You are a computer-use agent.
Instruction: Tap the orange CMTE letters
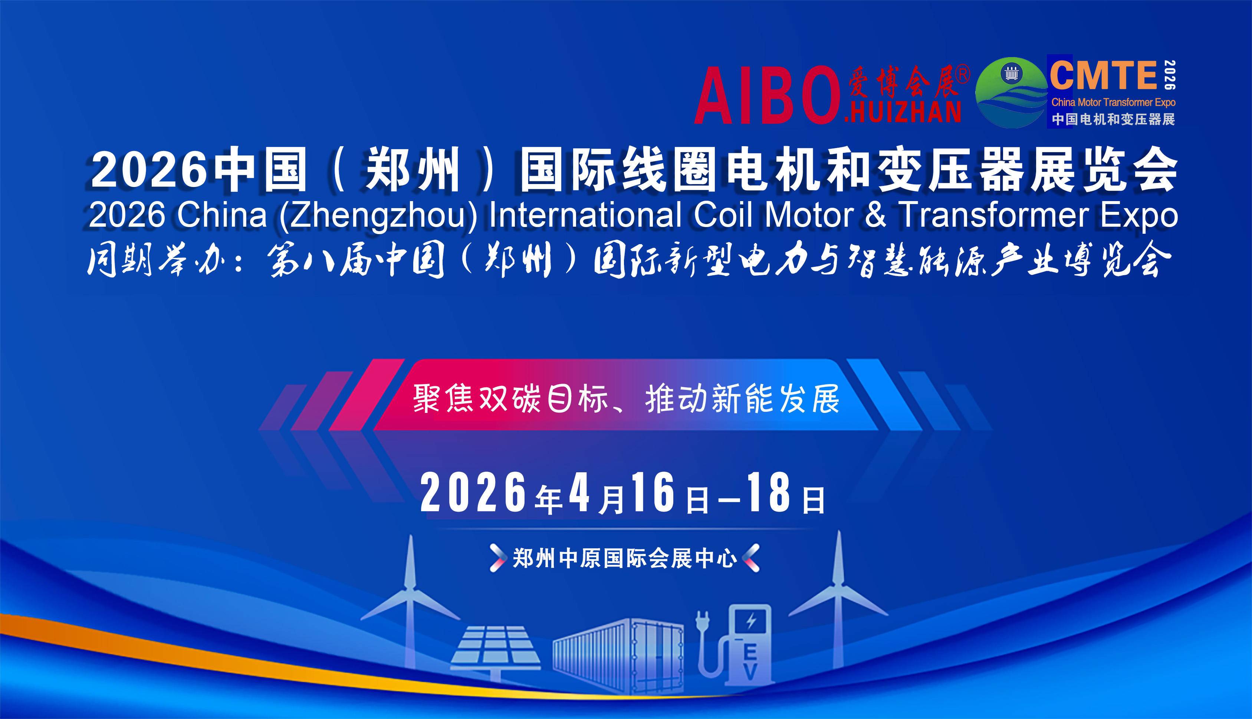coord(1103,75)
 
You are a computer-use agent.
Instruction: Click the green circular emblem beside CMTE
coord(1011,93)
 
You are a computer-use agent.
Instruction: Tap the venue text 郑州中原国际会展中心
coord(625,558)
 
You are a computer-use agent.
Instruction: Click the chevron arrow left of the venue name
coord(497,558)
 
